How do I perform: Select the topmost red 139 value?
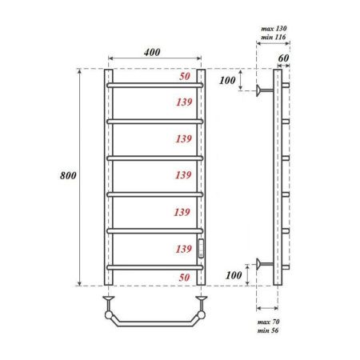184,102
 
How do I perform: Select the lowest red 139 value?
184,249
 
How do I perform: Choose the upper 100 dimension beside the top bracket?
228,82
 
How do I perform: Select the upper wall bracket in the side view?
263,90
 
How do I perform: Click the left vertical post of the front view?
106,176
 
